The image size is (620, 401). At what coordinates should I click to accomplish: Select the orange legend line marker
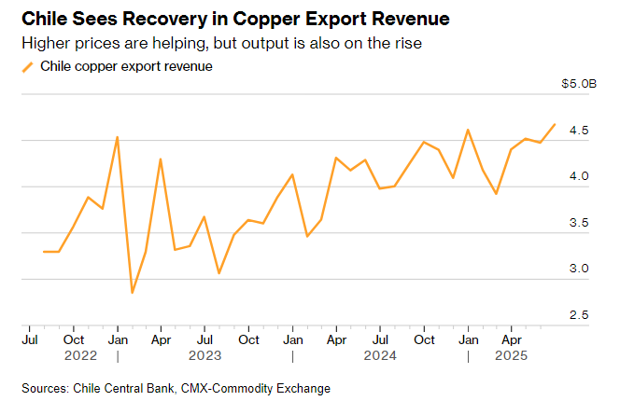(x=27, y=66)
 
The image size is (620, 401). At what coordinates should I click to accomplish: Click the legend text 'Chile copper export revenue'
(x=126, y=66)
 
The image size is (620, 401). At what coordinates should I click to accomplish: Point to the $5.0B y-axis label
(x=578, y=84)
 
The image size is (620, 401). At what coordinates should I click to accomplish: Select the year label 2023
(x=204, y=355)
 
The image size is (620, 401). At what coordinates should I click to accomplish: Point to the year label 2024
(x=381, y=355)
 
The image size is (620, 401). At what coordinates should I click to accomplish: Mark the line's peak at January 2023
(x=117, y=137)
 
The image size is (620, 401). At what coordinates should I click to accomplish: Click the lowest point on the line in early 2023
(x=132, y=293)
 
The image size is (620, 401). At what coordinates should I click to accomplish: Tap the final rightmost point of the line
(x=556, y=124)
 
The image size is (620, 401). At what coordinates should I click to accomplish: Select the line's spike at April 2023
(x=161, y=159)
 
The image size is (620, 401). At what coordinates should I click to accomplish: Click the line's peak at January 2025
(x=468, y=130)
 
